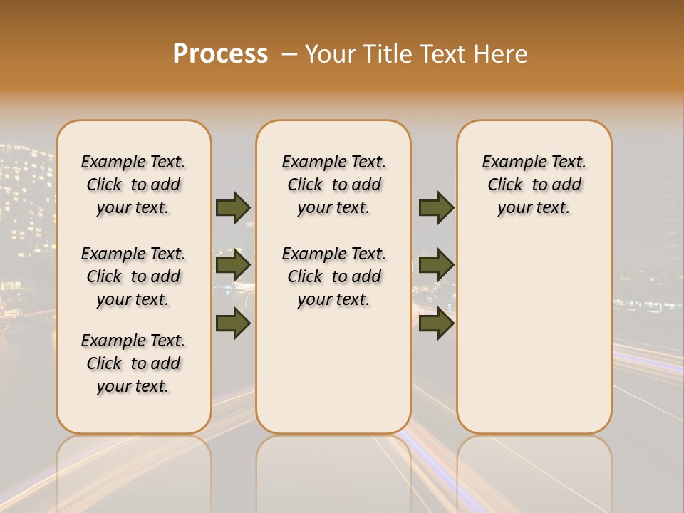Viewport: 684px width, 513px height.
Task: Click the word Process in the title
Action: (x=220, y=53)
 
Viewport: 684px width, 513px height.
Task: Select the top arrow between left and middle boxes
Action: (x=233, y=207)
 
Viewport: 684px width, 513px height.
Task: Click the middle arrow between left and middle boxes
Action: (x=233, y=265)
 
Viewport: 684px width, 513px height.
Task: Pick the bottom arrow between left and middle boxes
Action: (x=233, y=323)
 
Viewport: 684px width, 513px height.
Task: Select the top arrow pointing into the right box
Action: (x=436, y=207)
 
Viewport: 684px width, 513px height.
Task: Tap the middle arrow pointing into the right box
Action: (x=436, y=265)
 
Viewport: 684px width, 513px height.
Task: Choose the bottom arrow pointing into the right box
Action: (x=436, y=323)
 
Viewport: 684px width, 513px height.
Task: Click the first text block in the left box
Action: (x=133, y=185)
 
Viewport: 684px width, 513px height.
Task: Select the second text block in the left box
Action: (x=133, y=276)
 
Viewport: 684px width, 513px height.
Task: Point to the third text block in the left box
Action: (x=133, y=363)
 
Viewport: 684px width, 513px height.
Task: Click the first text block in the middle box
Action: (x=333, y=185)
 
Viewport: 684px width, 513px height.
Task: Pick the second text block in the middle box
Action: (x=333, y=276)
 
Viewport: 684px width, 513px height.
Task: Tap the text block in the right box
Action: (x=534, y=185)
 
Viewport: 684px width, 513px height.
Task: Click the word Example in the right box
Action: (x=512, y=162)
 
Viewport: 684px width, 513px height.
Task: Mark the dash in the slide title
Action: (x=289, y=54)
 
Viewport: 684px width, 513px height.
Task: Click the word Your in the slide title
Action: (x=331, y=54)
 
